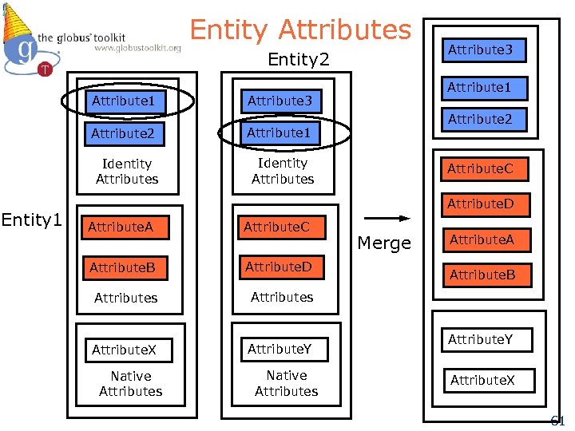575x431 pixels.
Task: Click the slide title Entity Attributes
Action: click(300, 30)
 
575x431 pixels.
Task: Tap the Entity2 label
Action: click(298, 60)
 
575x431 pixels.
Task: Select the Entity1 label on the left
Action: click(32, 219)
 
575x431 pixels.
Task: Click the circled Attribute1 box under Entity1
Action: click(128, 101)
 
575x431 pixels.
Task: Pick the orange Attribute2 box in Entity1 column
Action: click(127, 133)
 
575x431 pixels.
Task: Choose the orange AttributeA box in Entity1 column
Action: click(121, 227)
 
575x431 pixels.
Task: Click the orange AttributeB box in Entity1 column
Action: click(122, 267)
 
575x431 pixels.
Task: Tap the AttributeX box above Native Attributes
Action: click(125, 350)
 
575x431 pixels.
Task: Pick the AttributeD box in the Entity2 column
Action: click(278, 267)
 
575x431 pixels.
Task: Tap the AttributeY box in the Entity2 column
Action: click(280, 349)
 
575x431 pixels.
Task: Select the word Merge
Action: click(384, 243)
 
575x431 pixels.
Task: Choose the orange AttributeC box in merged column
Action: click(481, 168)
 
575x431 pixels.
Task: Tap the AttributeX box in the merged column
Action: click(482, 380)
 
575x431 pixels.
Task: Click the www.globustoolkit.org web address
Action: click(137, 49)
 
